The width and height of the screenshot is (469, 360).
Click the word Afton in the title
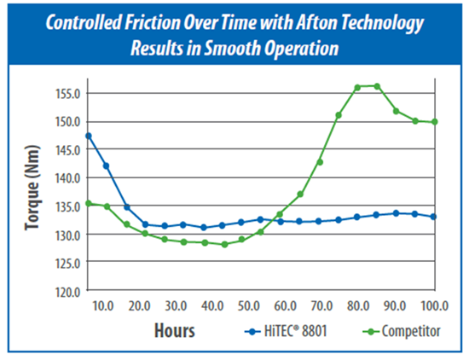pos(316,23)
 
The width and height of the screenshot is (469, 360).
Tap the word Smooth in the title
pos(232,49)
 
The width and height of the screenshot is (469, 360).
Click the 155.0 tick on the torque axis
pos(68,94)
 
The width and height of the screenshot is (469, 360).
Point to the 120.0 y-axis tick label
pos(68,292)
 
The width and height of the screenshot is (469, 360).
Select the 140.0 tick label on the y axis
pos(68,178)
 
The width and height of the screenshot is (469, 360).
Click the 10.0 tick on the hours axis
pos(103,306)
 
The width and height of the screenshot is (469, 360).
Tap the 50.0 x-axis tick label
pos(249,306)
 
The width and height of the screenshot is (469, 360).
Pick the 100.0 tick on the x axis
pos(435,306)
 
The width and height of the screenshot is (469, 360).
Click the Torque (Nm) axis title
pos(32,188)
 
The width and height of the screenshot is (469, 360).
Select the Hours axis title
pos(175,331)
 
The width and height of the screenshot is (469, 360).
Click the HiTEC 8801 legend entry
pos(286,331)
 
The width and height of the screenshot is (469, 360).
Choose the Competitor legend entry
pos(402,331)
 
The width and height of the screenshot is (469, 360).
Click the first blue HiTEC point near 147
pos(89,136)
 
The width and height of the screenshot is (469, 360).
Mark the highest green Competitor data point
pos(377,86)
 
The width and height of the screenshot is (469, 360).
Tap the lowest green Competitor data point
pos(225,245)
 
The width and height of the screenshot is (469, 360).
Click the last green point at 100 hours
pos(435,122)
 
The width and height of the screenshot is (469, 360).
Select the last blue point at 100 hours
pos(433,217)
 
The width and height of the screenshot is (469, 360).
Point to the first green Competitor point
pos(89,204)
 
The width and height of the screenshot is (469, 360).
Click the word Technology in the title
pos(383,23)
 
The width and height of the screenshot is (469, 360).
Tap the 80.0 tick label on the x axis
pos(358,306)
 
